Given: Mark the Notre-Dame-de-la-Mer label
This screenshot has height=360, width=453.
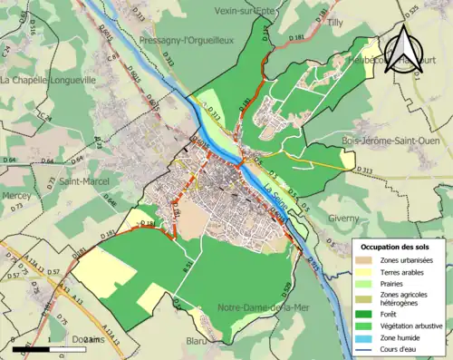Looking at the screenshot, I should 262,307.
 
